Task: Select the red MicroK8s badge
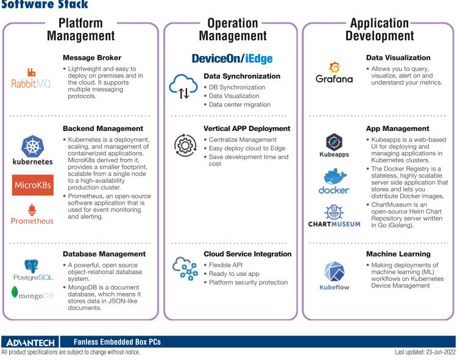coord(32,186)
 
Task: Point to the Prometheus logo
coord(32,214)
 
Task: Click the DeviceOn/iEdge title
coord(232,59)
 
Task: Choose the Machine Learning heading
coord(399,253)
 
